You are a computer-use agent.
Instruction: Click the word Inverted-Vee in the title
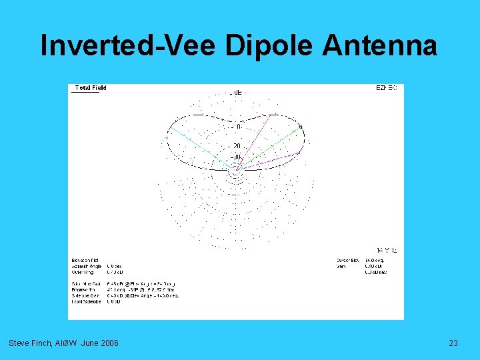pos(129,46)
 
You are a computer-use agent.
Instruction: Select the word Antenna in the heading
pos(380,46)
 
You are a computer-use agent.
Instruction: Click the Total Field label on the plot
pos(91,88)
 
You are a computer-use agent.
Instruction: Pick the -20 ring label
pos(236,146)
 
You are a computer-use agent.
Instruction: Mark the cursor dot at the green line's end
pos(301,127)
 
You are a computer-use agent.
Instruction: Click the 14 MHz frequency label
pos(387,249)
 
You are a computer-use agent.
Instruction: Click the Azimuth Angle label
pos(85,266)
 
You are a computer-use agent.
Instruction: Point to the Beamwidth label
pos(83,289)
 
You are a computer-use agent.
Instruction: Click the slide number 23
pos(453,343)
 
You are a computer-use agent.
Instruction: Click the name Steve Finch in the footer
pos(29,343)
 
